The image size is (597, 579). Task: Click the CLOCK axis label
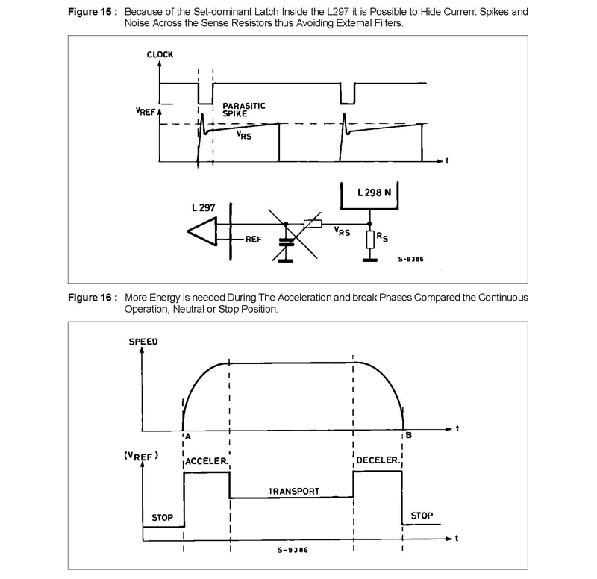pos(160,54)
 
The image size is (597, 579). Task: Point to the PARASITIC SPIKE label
pos(244,110)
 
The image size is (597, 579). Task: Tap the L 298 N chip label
pos(375,193)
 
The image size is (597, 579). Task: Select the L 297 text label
pos(203,207)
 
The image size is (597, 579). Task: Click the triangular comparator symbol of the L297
pos(202,231)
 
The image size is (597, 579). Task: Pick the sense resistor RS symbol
pos(370,240)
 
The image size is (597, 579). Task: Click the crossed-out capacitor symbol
pos(287,242)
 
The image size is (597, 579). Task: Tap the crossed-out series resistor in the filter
pos(313,224)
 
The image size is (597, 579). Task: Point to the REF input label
pos(254,239)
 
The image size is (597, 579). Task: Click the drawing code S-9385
pos(411,259)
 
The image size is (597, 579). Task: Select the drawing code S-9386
pos(293,550)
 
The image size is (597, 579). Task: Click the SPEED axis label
pos(143,342)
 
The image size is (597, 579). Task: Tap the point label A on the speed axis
pos(188,436)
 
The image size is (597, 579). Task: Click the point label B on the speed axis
pos(409,435)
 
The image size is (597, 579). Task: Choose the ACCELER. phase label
pos(207,461)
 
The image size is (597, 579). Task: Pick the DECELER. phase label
pos(378,460)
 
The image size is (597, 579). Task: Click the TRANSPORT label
pos(293,492)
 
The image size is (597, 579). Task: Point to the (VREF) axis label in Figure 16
pos(141,456)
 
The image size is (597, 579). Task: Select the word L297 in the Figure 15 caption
pos(338,12)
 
